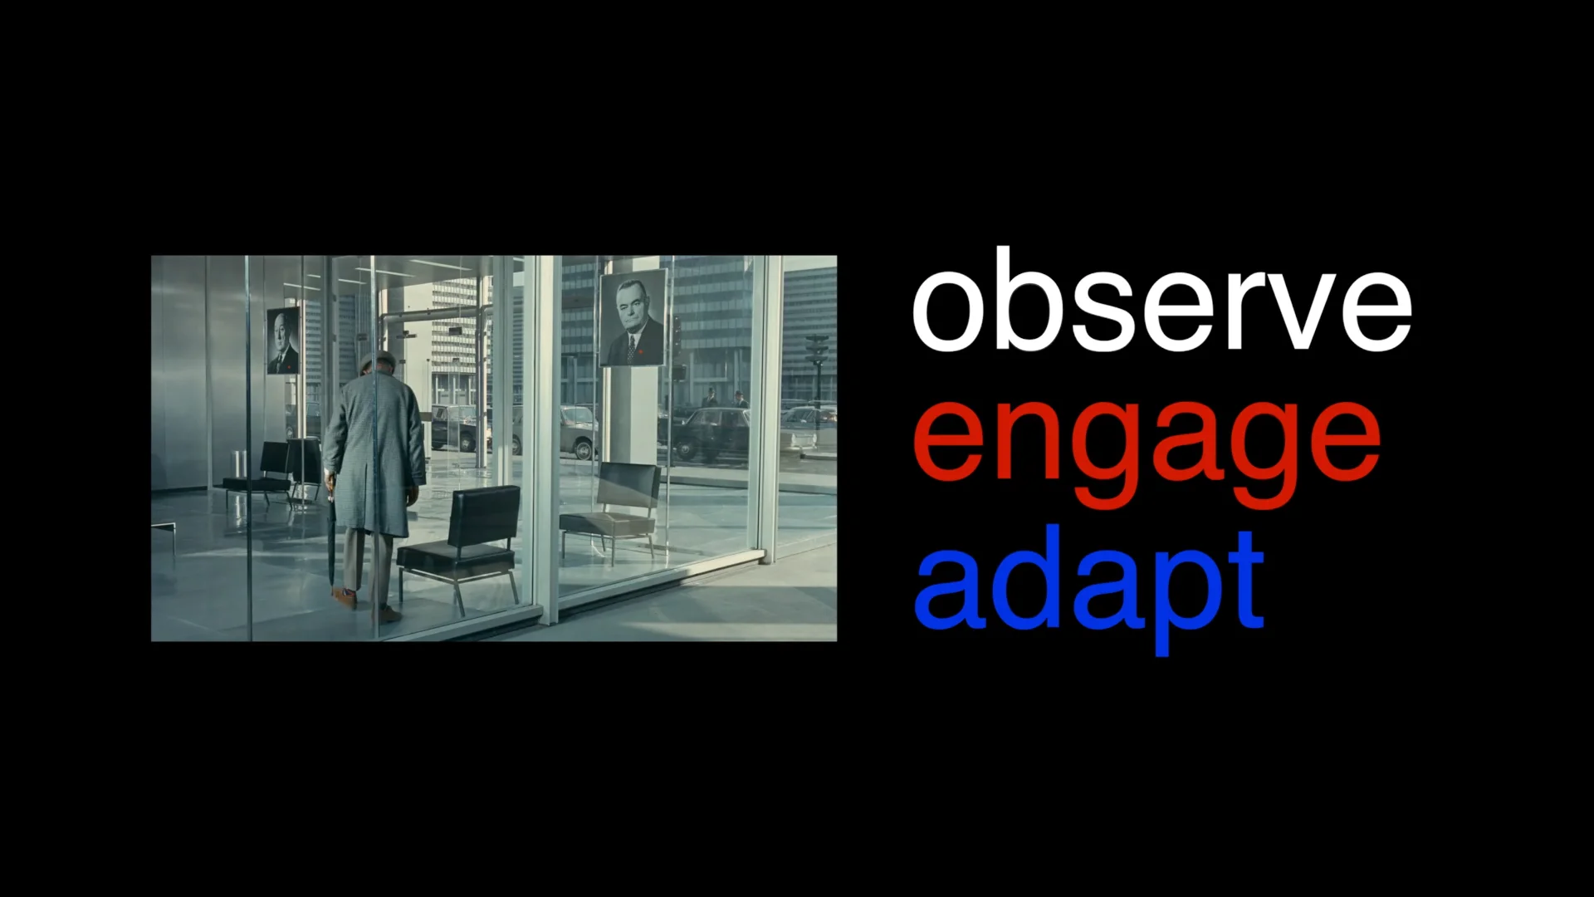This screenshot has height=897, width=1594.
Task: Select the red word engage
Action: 1146,444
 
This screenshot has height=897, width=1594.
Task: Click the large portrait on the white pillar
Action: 633,318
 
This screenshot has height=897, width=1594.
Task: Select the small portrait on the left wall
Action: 283,341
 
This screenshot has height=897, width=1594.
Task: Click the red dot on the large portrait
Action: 639,351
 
